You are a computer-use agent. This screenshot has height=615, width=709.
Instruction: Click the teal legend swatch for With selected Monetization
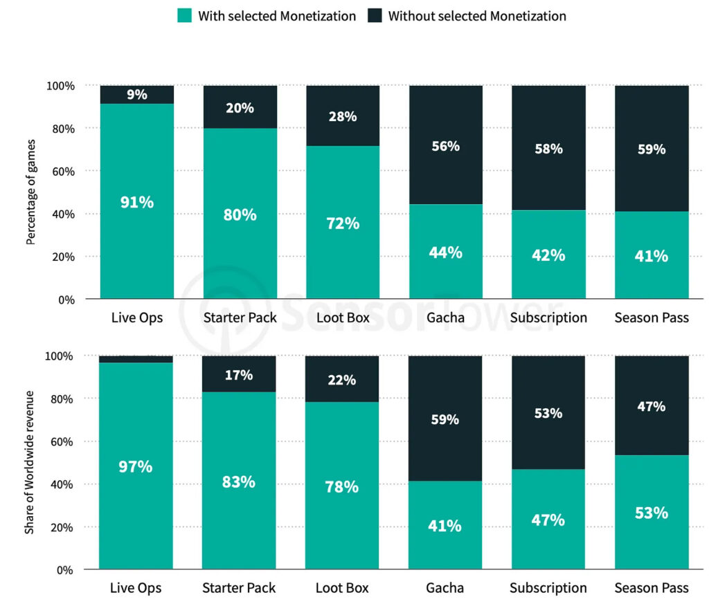point(184,15)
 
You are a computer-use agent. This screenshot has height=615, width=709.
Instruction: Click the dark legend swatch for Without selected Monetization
point(374,15)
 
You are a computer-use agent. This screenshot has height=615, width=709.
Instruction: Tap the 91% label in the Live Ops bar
point(137,203)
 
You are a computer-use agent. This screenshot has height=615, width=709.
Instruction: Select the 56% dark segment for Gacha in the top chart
point(445,146)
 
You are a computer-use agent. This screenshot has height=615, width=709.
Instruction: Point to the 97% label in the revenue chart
point(136,466)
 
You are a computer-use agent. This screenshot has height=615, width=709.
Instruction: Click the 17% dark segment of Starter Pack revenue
point(239,375)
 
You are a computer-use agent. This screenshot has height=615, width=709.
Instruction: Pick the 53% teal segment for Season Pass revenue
point(652,513)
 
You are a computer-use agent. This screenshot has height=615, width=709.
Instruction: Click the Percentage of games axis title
point(30,192)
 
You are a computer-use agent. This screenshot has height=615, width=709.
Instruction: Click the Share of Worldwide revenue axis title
point(30,462)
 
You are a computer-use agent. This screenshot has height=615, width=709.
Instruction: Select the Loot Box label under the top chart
point(342,318)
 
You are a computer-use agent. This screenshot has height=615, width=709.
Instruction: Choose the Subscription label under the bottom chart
point(548,588)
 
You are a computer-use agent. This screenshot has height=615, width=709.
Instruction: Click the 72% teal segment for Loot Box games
point(343,223)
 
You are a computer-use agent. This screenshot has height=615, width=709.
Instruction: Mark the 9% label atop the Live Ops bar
point(137,95)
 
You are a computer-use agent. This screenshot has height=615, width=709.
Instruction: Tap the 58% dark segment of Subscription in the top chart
point(548,149)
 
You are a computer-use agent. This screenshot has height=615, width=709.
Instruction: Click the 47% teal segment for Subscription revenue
point(548,520)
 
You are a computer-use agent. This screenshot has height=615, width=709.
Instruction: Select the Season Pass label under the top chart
point(652,318)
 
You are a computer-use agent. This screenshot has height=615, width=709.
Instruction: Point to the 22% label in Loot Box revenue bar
point(343,380)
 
